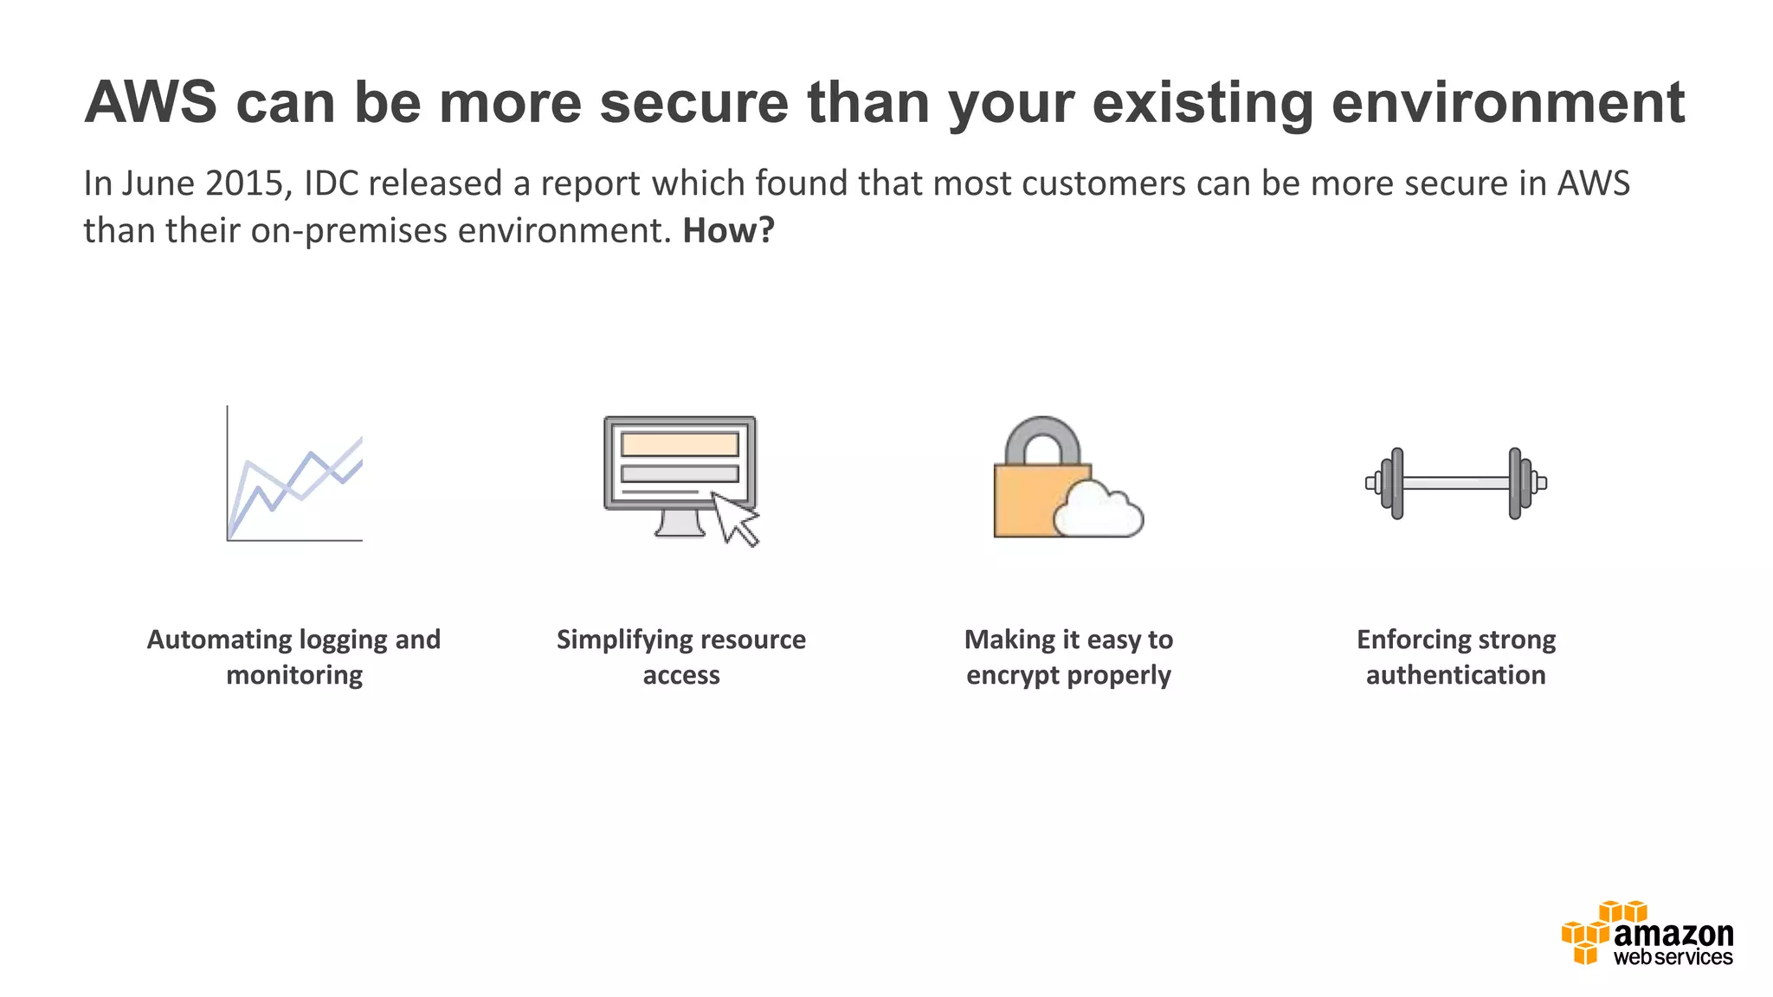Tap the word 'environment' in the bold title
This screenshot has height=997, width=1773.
[1507, 103]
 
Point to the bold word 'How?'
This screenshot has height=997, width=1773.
[728, 231]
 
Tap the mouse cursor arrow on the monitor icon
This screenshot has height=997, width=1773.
[734, 519]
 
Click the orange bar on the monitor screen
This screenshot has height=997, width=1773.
[680, 444]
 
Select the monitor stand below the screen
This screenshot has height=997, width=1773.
[680, 524]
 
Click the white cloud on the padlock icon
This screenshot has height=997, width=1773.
[1098, 512]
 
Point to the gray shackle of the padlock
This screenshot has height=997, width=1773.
[1042, 438]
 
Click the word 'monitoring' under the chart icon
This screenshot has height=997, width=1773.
[294, 675]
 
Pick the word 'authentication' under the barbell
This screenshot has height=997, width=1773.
[1455, 675]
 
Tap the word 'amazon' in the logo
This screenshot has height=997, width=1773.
[1673, 934]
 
